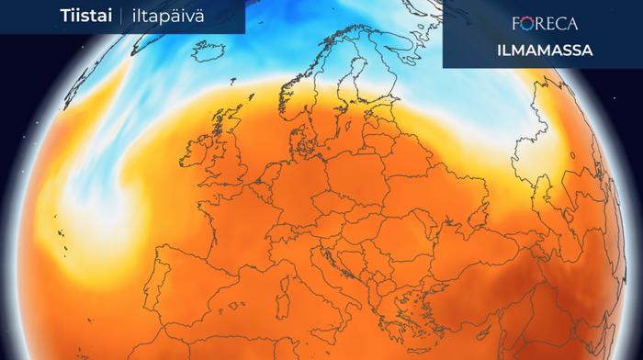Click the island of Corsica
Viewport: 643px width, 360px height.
tap(288, 260)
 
